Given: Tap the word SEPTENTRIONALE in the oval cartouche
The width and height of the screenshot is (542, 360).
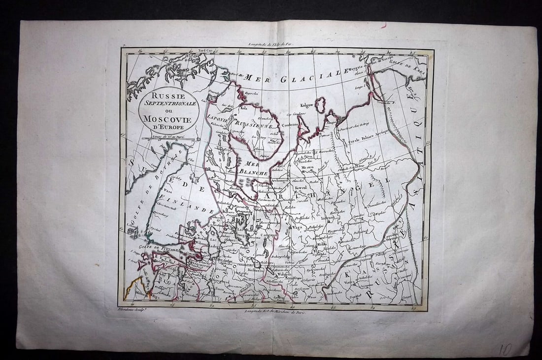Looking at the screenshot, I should [168, 103].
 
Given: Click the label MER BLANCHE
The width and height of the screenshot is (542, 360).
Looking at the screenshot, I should [253, 168].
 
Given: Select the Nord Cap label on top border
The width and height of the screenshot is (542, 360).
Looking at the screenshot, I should [203, 50].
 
